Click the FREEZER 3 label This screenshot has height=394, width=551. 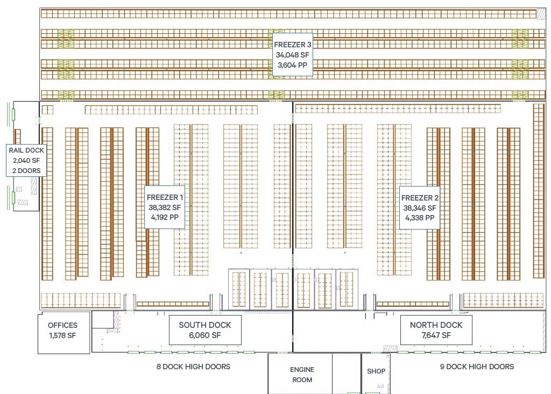tap(292, 45)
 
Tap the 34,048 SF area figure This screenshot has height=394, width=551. tap(292, 55)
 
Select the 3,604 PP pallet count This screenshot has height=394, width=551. tap(292, 65)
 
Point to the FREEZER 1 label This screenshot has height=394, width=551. tap(165, 197)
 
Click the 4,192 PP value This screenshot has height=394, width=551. tap(165, 218)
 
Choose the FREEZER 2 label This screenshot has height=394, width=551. tap(420, 197)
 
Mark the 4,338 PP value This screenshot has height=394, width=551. tap(420, 218)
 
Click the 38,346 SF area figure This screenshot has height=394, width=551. tap(420, 207)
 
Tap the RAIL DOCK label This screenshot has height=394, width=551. tap(26, 150)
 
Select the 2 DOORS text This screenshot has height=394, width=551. tap(26, 171)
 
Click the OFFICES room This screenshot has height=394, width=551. tap(62, 325)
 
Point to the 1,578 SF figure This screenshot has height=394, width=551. tap(62, 335)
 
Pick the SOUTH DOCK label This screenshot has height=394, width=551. tap(205, 325)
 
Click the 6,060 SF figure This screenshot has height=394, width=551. tap(205, 335)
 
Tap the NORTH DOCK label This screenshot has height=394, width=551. tap(436, 325)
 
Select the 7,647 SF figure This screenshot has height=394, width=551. tap(436, 335)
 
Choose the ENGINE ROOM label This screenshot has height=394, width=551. tap(302, 375)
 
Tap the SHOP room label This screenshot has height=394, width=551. tap(376, 371)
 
